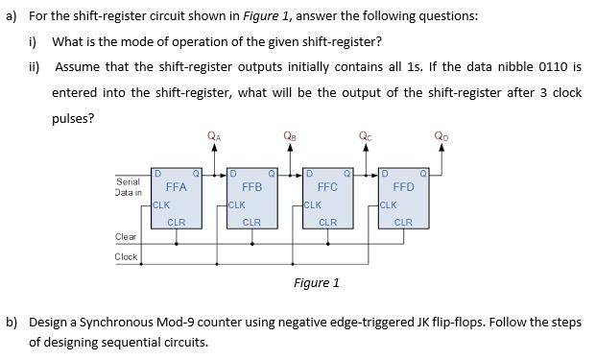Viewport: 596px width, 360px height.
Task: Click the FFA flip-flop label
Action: [176, 187]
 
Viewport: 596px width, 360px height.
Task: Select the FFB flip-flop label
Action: [251, 187]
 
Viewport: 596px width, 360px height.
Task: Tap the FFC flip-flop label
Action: [327, 187]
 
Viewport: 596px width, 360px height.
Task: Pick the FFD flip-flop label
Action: [403, 187]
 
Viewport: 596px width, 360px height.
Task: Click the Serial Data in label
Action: [129, 187]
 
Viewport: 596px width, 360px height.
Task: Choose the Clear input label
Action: [126, 236]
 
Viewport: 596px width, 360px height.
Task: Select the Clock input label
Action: [126, 256]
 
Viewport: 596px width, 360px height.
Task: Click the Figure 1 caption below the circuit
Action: [317, 282]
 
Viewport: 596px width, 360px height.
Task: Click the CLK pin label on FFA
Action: [162, 204]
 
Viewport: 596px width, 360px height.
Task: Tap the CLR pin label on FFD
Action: [403, 222]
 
